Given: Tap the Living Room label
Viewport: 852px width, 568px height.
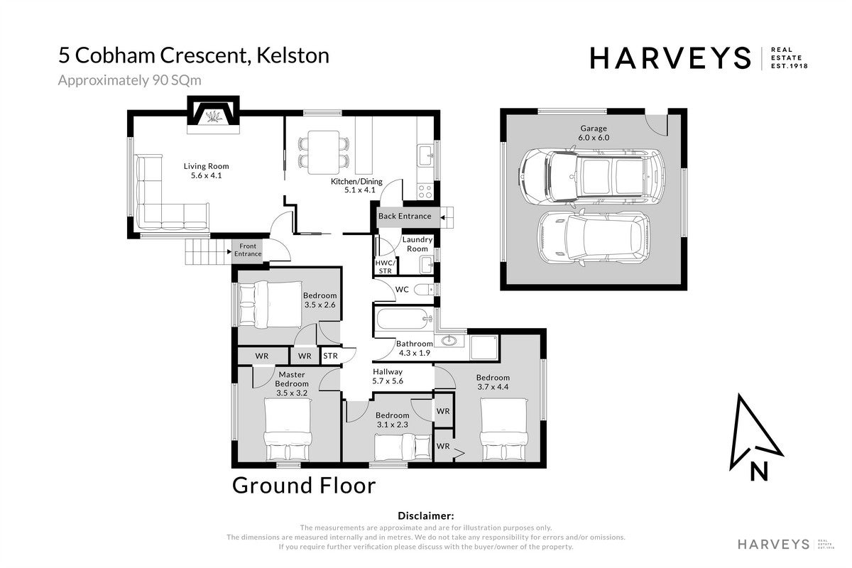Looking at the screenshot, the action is point(206,171).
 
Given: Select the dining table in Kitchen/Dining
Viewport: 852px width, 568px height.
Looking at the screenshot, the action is point(324,152).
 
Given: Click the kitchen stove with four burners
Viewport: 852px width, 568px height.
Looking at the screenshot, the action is point(425,192).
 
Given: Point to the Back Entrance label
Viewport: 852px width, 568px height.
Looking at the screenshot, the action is point(405,216).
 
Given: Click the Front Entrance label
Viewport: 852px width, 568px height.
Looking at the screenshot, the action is point(248,250).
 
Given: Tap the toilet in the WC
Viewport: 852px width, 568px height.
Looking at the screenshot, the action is point(424,290).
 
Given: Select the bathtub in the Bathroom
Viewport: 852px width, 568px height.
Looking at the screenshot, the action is point(404,319).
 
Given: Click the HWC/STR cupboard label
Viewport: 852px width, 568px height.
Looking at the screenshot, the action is point(386,267).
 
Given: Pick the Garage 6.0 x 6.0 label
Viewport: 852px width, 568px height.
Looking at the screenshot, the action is point(594,133).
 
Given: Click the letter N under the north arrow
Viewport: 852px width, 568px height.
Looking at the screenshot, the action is point(759,471).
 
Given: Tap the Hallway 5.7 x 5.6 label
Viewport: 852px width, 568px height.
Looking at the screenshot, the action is point(388,376).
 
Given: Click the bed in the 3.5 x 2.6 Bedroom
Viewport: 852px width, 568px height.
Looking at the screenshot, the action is point(270,303).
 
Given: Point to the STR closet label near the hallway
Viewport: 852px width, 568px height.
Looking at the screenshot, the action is point(330,356).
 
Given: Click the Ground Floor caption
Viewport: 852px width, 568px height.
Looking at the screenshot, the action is point(304,486).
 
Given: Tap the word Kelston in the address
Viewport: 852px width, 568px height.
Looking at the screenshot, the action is point(293,55).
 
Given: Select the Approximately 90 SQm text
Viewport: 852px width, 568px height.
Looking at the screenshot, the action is point(129,80).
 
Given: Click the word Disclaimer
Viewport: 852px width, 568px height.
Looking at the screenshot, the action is point(425,516).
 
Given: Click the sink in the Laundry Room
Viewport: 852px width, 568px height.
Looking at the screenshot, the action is point(427,265).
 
